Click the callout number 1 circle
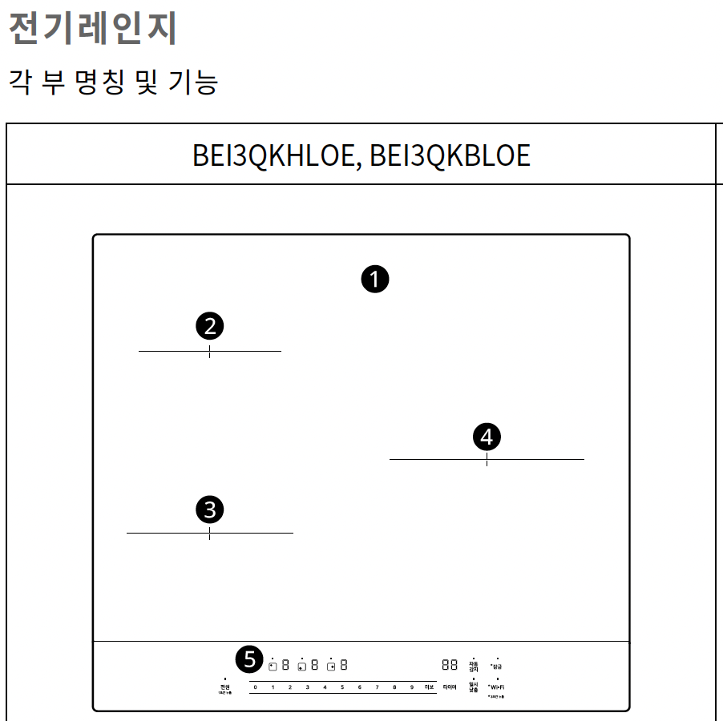374,280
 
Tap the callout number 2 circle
210,326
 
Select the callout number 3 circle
210,509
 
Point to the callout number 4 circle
487,437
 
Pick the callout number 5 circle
250,659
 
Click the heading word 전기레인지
92,29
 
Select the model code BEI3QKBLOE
450,155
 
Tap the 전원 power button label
225,687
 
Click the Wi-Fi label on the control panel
497,687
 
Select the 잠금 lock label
497,666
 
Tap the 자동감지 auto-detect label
473,666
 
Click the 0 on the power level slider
255,687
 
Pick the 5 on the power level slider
341,687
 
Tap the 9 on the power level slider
411,687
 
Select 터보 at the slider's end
429,687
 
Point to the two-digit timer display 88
449,665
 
